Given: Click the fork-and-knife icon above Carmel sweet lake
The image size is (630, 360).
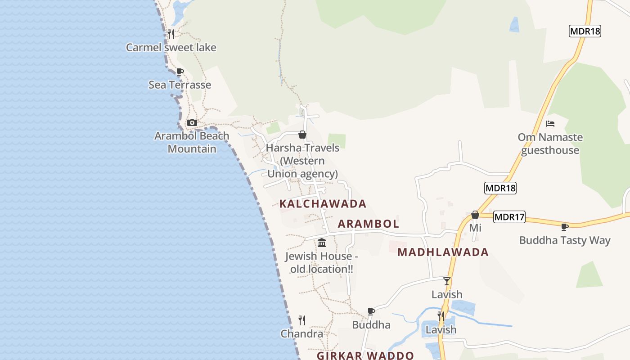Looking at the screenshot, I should point(171,34).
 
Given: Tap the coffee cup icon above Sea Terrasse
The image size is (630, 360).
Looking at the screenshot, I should point(180,72).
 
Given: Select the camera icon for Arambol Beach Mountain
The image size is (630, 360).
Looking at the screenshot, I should point(192,122).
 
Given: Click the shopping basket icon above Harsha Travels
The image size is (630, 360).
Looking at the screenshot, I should point(302,135).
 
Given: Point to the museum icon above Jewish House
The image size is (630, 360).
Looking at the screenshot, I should point(322,243).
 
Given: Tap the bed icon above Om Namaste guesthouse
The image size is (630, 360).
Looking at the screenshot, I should point(550,124).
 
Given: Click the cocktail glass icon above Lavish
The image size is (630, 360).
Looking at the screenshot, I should point(447,281).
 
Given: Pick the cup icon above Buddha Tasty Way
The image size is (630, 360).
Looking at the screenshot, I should point(565,227).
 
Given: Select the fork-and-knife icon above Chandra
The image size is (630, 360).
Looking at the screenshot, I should point(302,320).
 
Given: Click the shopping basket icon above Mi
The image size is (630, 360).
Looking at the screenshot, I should point(475,215).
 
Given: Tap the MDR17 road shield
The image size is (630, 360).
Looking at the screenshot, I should point(509,217).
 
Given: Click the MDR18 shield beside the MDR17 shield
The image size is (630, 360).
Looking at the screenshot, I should point(500,188).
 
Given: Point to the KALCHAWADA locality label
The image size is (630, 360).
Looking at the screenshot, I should point(323,204).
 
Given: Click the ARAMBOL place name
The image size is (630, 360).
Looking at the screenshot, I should point(369,224).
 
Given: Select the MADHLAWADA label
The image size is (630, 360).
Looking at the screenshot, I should point(443,252).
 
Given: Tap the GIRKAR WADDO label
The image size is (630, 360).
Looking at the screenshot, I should point(365,355).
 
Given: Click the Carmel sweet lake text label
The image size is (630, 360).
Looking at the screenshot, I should point(171,47).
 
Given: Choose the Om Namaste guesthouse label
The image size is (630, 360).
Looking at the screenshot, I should point(550,144).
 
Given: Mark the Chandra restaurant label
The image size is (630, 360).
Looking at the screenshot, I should point(302,334).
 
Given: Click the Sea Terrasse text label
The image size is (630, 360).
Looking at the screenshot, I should point(180,85).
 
